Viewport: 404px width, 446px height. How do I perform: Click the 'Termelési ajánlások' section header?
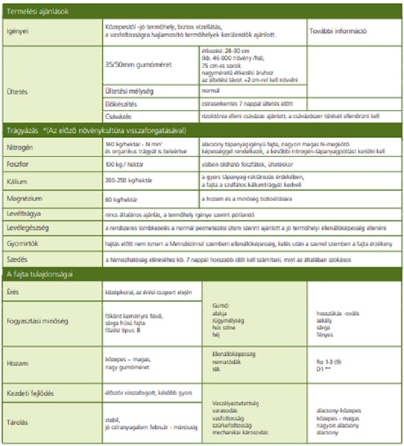pos(35,11)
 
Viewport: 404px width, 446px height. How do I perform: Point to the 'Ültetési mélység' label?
pos(129,91)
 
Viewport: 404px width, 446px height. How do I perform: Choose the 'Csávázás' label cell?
pos(119,115)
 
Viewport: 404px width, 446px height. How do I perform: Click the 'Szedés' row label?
pos(17,259)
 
